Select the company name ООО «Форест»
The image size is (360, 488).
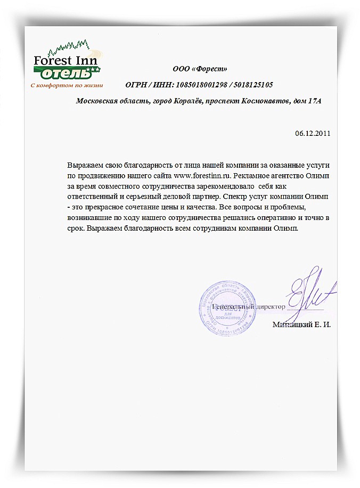(200, 69)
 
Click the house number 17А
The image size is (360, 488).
(315, 101)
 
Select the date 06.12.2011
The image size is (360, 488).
(313, 133)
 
